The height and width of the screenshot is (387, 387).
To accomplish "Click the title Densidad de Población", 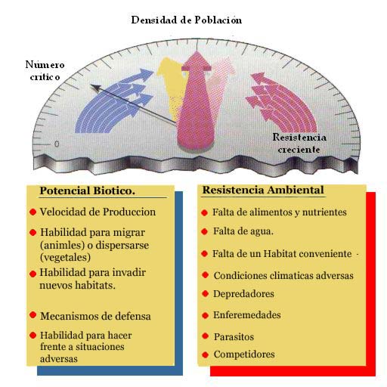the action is click(187, 20).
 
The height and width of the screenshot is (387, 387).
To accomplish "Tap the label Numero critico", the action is click(45, 70).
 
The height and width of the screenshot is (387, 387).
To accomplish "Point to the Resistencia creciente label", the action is click(299, 143).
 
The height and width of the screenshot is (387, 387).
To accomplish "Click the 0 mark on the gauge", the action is click(57, 144).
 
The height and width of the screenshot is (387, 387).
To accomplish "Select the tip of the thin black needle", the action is click(91, 85).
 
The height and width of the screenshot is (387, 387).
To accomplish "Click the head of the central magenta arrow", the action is click(197, 61).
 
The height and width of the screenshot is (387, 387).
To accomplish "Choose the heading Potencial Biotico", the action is click(87, 190).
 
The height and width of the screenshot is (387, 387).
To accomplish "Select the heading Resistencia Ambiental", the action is click(263, 190).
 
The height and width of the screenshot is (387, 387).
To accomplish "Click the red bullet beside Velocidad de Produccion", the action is click(33, 212).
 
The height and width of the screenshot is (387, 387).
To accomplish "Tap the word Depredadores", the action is click(243, 294).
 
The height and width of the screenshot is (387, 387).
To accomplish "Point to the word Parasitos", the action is click(234, 336).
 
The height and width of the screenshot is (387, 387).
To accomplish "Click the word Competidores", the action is click(244, 354).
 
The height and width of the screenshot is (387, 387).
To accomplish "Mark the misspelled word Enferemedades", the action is click(247, 315).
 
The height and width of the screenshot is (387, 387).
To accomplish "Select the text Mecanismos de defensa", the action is click(95, 316).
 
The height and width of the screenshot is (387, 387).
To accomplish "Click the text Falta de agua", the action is click(243, 231).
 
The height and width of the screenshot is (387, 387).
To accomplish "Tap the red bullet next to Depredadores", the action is click(206, 293).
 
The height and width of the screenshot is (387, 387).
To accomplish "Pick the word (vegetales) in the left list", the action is click(65, 257).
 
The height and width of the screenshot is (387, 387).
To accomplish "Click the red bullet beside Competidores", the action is click(206, 354).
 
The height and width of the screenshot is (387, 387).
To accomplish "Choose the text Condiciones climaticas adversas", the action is click(283, 276).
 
